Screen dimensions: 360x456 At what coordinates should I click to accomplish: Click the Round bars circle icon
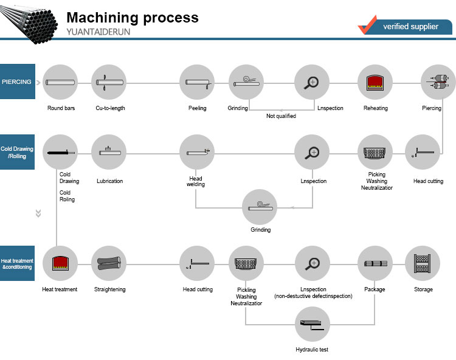tap(60, 82)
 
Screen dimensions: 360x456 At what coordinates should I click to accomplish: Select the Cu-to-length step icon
tap(109, 82)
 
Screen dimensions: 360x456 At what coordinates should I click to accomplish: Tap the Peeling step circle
tap(197, 82)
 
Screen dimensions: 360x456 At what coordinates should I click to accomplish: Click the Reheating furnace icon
tap(375, 82)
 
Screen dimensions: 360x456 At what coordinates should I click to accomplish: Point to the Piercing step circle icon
tap(438, 82)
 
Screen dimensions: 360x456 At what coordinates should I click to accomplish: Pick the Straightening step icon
tap(109, 263)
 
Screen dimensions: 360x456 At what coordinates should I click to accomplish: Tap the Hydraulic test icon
tap(312, 324)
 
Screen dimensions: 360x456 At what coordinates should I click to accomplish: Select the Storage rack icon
tap(423, 263)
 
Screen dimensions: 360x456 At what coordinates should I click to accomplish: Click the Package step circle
tap(375, 263)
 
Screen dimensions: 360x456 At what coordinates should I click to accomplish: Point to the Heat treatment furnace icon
tap(60, 263)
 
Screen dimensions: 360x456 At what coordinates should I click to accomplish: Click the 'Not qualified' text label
tap(281, 116)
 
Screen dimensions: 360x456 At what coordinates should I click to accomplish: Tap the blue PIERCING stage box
tap(16, 81)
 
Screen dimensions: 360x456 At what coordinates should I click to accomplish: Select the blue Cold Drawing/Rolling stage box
tap(16, 152)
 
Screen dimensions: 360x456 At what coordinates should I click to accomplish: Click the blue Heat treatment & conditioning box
tap(16, 263)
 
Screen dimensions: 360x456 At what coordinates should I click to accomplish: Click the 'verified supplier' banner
tap(410, 27)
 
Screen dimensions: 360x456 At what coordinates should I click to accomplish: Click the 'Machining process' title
tap(132, 17)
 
